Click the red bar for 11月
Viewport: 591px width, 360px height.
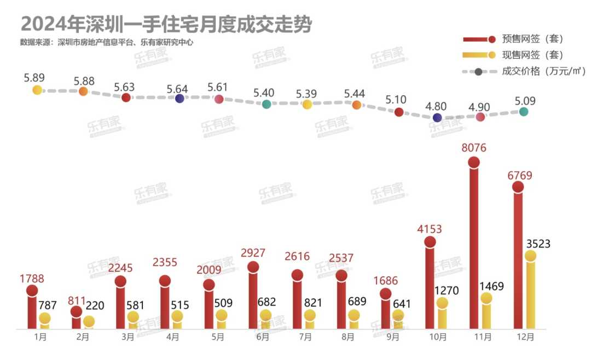click(474, 246)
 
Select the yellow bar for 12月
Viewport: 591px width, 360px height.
click(530, 293)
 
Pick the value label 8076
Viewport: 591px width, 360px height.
click(473, 148)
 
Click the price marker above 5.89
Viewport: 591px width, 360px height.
click(37, 90)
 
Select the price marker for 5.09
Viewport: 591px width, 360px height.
click(524, 112)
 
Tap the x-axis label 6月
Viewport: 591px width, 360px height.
click(262, 338)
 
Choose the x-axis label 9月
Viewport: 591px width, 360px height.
click(392, 338)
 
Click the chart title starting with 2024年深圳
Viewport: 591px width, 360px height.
click(166, 24)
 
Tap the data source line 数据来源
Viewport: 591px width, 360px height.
click(107, 42)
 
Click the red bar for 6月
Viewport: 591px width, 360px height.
click(253, 298)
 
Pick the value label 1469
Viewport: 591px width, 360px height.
click(491, 286)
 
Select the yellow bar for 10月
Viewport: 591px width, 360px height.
click(442, 316)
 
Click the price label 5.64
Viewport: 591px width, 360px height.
click(178, 89)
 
